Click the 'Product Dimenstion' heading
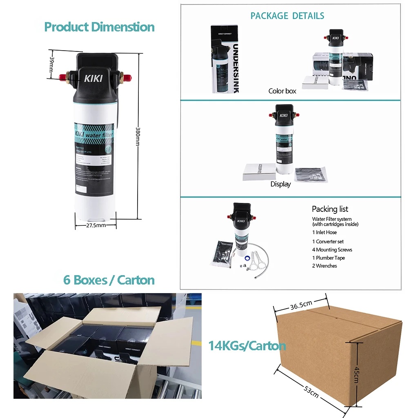[x=99, y=27]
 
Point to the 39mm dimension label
[x=52, y=64]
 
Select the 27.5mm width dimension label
[x=96, y=225]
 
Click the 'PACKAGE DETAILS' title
[x=287, y=16]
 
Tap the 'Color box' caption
[x=282, y=91]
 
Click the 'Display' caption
[x=280, y=184]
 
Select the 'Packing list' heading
[x=330, y=209]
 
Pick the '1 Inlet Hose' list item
[x=325, y=232]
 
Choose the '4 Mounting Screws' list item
[x=332, y=249]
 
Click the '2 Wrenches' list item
[x=325, y=266]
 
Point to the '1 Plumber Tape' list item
[x=328, y=258]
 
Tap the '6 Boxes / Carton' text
[x=109, y=280]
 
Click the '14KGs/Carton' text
[x=247, y=346]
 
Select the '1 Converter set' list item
[x=328, y=241]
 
